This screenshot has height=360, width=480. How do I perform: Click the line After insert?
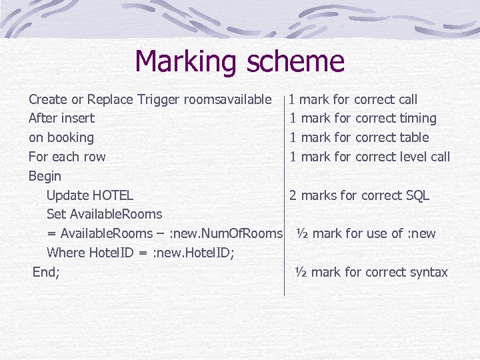(61, 119)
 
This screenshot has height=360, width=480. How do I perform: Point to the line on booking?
(61, 138)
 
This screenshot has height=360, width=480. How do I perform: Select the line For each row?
(67, 157)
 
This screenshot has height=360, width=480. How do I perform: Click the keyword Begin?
(45, 177)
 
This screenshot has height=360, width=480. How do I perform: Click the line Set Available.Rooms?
(104, 215)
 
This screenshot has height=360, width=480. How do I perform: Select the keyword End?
(46, 272)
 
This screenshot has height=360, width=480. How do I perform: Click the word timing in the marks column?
(417, 119)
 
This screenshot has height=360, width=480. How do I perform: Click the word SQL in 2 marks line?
(417, 195)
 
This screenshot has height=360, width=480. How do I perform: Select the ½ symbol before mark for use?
(302, 233)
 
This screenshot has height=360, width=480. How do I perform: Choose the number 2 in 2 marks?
(293, 195)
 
